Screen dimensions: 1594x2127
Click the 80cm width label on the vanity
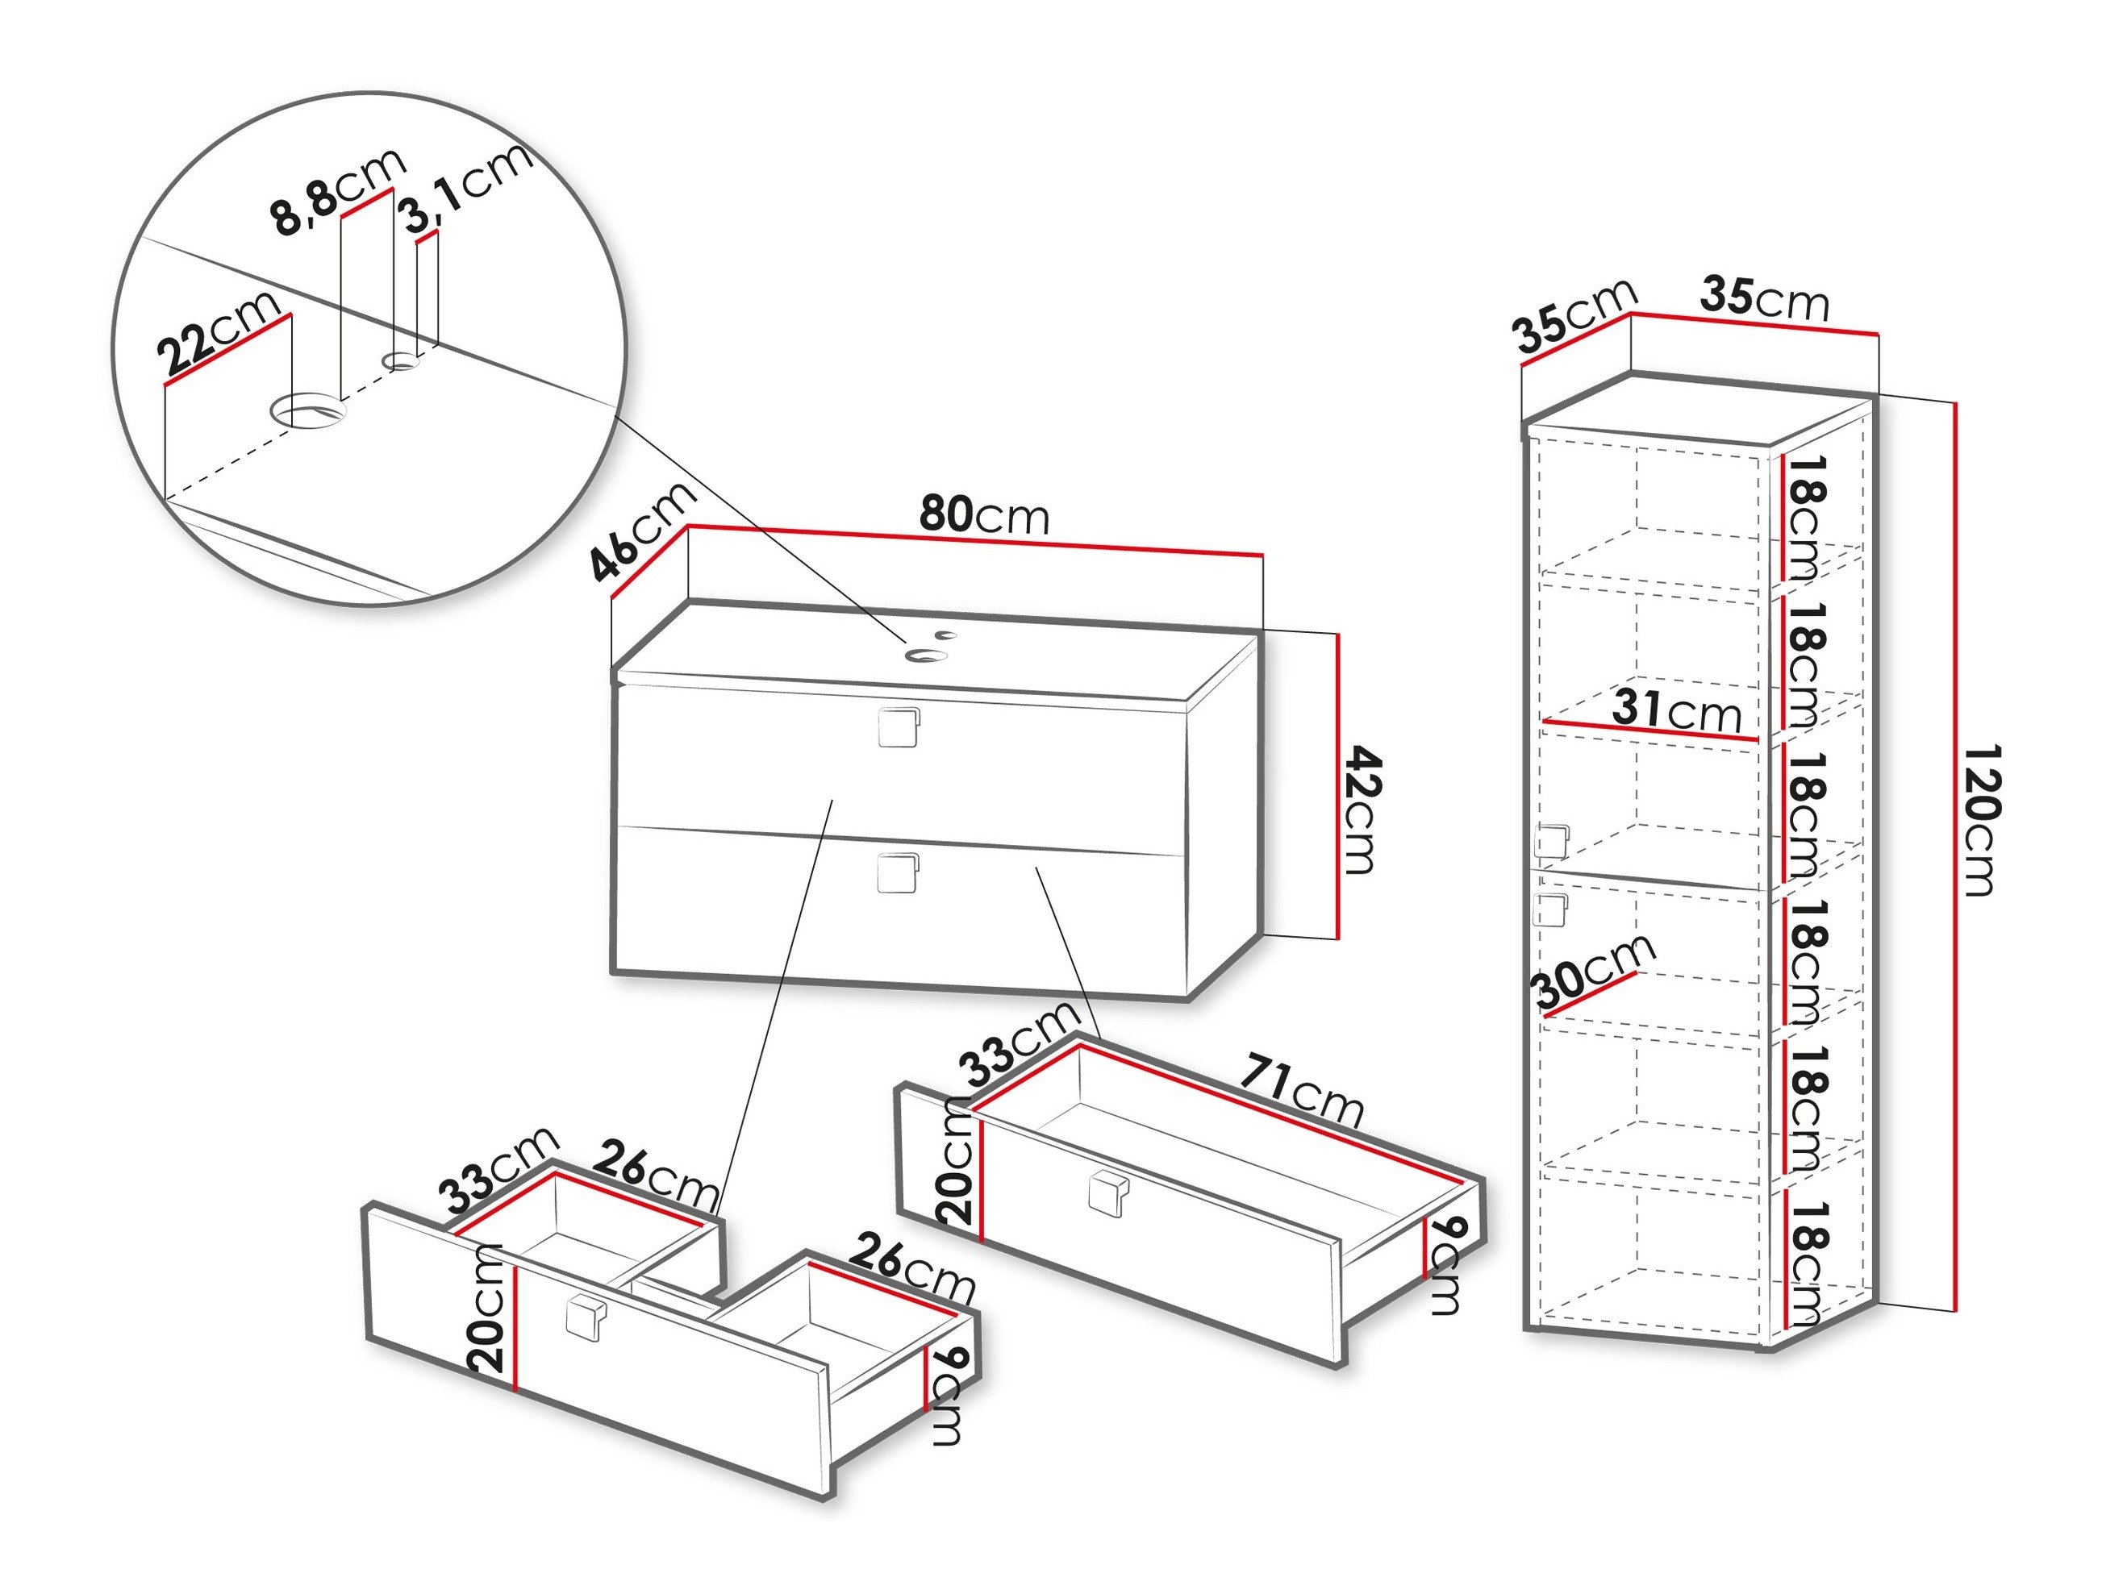(x=982, y=516)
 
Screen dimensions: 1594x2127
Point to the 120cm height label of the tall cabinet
(x=1977, y=819)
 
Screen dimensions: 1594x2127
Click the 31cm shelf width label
(x=1677, y=710)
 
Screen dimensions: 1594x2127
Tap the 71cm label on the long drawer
(x=1300, y=1091)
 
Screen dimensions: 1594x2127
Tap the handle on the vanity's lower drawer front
(x=898, y=873)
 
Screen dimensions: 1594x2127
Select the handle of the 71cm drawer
(x=1109, y=1194)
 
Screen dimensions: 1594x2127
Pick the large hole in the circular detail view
(x=307, y=410)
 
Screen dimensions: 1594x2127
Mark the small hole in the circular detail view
(x=401, y=361)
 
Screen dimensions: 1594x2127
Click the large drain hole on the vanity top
(x=925, y=655)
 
